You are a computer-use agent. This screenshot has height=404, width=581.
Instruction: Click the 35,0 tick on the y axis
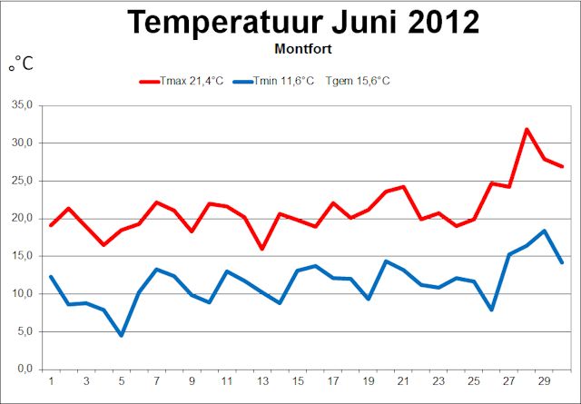point(21,105)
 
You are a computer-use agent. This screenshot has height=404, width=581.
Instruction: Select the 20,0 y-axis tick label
point(21,218)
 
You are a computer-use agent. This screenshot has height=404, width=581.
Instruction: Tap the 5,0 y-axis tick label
point(23,331)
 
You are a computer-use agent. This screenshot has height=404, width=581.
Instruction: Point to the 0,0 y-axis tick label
point(23,369)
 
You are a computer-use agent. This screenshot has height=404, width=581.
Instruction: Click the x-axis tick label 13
point(262,381)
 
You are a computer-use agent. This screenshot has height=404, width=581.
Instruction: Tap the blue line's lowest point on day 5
point(121,335)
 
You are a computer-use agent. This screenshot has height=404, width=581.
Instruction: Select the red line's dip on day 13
point(262,249)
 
